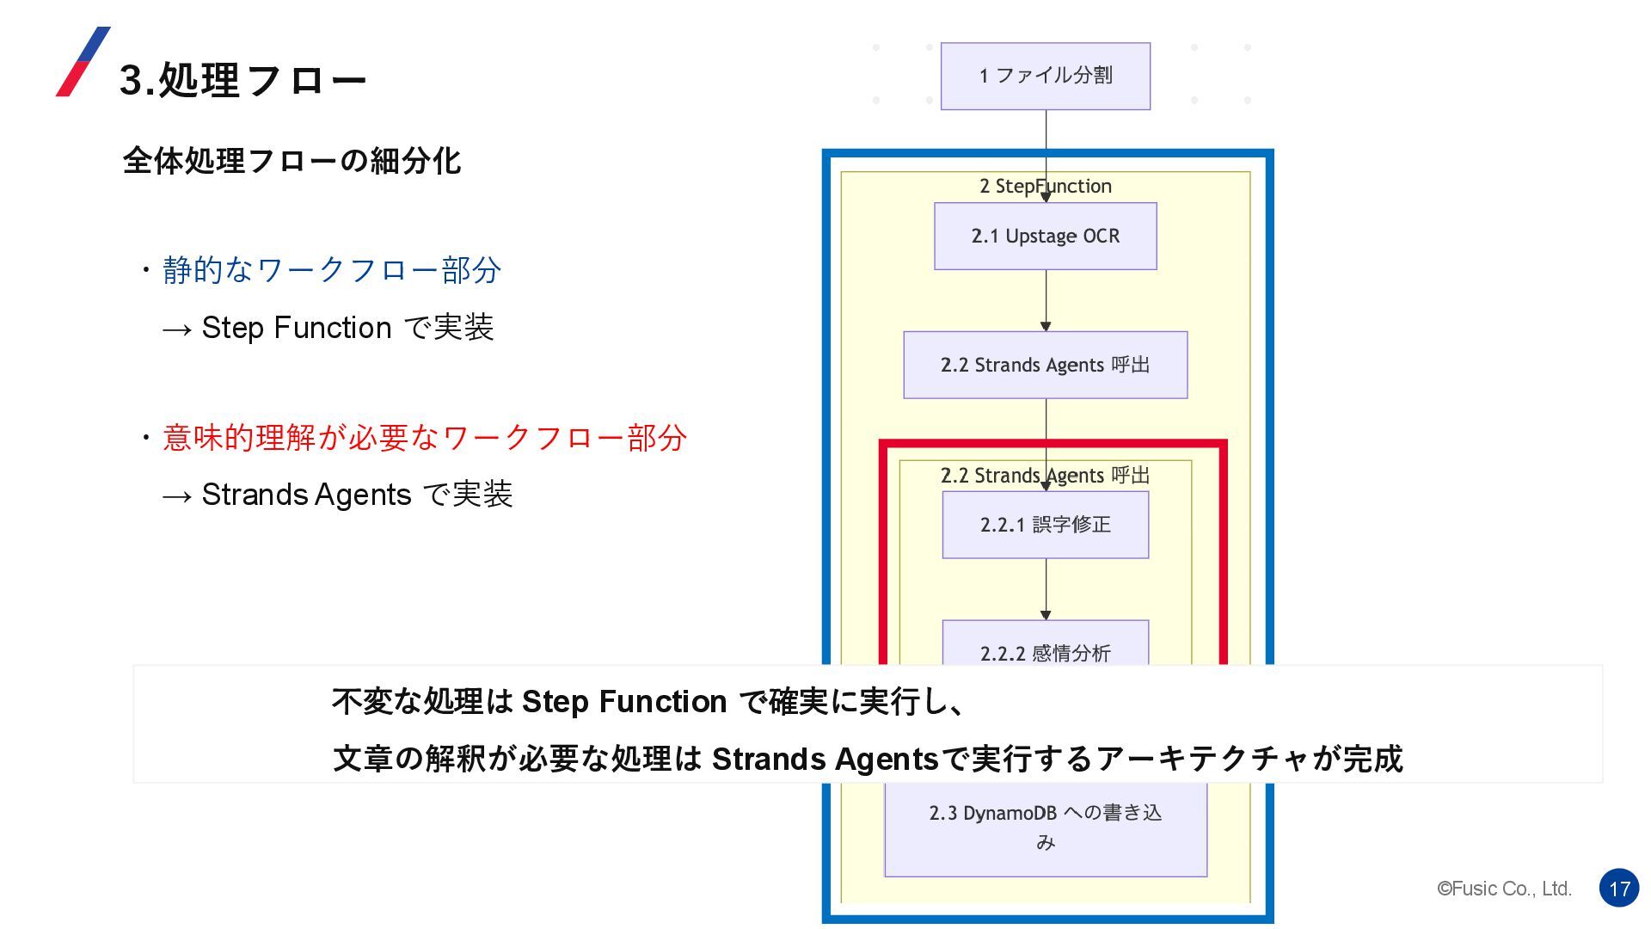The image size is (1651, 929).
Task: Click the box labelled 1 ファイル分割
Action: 1045,76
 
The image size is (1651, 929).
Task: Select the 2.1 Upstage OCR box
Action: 1045,236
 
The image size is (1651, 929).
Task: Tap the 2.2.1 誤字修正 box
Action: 1045,525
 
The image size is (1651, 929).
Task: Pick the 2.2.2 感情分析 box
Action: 1045,647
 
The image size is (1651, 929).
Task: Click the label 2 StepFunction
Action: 1045,186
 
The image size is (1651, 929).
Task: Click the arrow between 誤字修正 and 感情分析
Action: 1046,589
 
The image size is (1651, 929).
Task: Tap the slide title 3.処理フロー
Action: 242,80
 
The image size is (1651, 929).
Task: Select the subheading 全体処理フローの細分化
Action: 292,161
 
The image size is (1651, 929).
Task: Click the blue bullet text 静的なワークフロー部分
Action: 331,270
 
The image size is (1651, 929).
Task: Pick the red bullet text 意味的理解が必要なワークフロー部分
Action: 424,438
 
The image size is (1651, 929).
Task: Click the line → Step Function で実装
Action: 328,328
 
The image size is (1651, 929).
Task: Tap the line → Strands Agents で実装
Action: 337,495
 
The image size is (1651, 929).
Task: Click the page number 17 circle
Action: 1619,888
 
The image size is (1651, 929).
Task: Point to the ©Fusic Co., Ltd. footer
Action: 1504,889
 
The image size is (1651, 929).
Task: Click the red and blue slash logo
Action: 83,61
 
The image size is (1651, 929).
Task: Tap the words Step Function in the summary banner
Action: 624,702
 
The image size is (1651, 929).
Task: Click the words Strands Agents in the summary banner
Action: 825,759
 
